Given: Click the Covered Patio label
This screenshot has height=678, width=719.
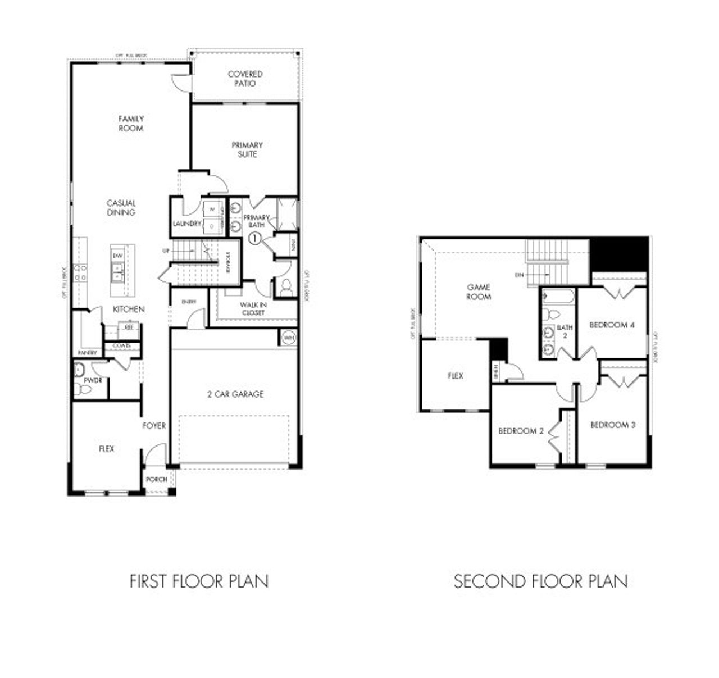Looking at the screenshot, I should coord(245,79).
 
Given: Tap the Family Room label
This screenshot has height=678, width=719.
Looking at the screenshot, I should coord(131,124).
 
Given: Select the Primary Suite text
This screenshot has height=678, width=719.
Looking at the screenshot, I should coord(247,149).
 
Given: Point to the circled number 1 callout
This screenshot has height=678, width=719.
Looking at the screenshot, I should coord(255,239).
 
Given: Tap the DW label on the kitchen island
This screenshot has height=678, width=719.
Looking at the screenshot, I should coord(117,256).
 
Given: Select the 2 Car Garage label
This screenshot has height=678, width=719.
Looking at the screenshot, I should coord(235,394).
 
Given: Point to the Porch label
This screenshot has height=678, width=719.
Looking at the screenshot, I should coord(156,479).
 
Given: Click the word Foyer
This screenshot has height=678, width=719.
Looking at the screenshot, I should coord(154,426).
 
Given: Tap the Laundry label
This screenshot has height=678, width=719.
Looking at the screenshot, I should coord(186,224).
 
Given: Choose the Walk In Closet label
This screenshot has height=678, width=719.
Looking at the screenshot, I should coord(254,308).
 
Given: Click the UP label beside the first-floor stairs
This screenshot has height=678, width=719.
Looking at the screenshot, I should coord(166,251).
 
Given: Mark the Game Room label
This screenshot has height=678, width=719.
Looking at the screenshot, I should coord(479,292).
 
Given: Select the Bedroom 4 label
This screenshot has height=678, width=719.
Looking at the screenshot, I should coord(612,325).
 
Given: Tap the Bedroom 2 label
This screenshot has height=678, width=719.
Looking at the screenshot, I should coord(521,431).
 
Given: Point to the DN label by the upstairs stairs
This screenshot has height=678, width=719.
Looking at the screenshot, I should coord(520,275).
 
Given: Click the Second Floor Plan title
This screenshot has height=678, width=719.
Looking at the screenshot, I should coord(541,581).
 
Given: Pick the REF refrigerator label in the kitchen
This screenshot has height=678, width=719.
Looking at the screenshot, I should coord(128,327).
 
